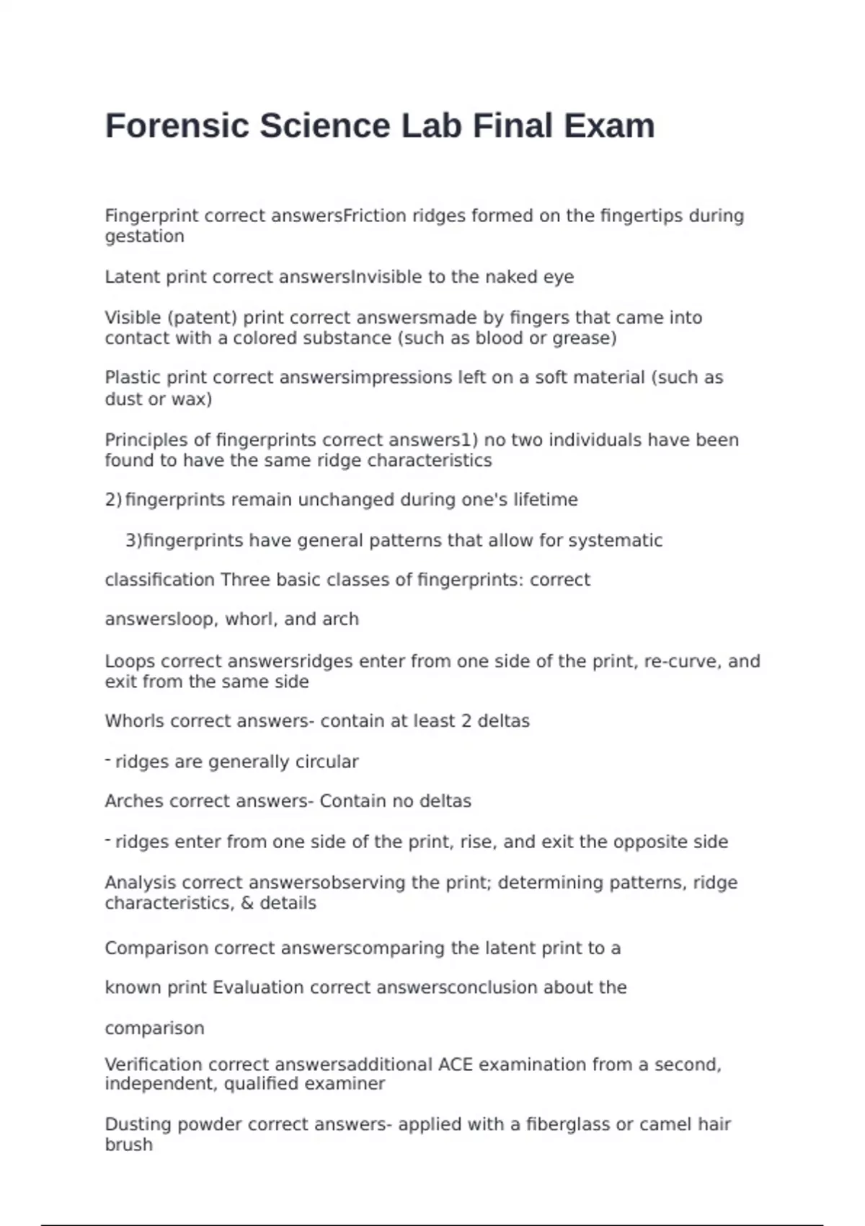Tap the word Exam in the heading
pyautogui.click(x=609, y=126)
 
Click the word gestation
pyautogui.click(x=144, y=237)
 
